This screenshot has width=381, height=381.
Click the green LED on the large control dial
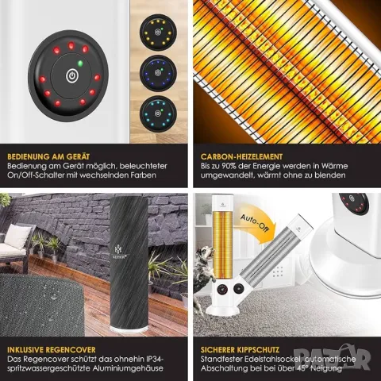pos(80,63)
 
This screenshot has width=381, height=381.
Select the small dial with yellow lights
pos(158,33)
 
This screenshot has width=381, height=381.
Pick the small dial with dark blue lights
pos(158,73)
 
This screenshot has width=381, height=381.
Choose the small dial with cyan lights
pos(158,114)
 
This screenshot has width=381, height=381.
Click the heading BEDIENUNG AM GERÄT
pos(48,156)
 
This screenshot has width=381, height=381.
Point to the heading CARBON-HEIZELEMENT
pos(241,156)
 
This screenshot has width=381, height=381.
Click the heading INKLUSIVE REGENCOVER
pos(52,350)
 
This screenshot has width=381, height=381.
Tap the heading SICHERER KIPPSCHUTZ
pos(240,350)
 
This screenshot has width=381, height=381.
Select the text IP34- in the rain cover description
pos(155,359)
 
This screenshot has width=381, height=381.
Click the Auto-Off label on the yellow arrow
pos(254,222)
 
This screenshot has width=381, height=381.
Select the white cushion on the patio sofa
pos(17,237)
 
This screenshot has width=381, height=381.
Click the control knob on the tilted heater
pos(239,289)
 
